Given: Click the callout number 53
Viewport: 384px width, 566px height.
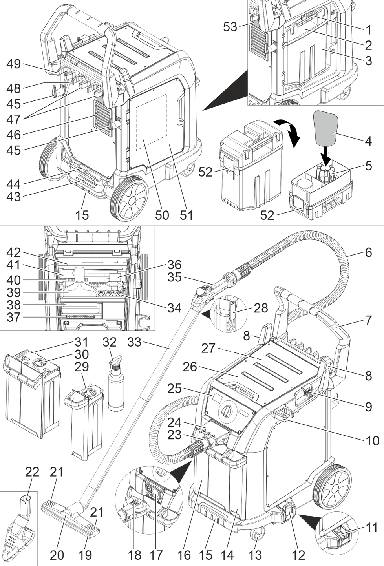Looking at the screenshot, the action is pyautogui.click(x=230, y=27).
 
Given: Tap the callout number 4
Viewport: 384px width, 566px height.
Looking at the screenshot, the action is pyautogui.click(x=368, y=141).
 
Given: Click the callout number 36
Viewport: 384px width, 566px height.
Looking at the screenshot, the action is pyautogui.click(x=174, y=265).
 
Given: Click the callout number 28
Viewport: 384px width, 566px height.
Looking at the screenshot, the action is pyautogui.click(x=261, y=308).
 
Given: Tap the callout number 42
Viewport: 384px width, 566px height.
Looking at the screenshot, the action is pyautogui.click(x=14, y=252).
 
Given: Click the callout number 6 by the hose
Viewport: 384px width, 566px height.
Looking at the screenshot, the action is pyautogui.click(x=368, y=252).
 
